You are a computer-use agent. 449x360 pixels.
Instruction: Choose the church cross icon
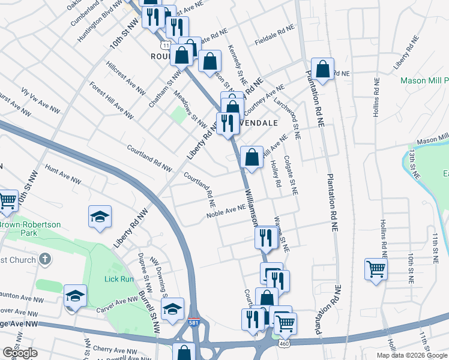point(44,259)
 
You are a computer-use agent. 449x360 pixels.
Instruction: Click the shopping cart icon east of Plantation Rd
point(376,269)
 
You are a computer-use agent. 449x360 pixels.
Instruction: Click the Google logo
point(19,353)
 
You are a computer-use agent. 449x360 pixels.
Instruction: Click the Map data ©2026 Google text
point(412,355)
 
